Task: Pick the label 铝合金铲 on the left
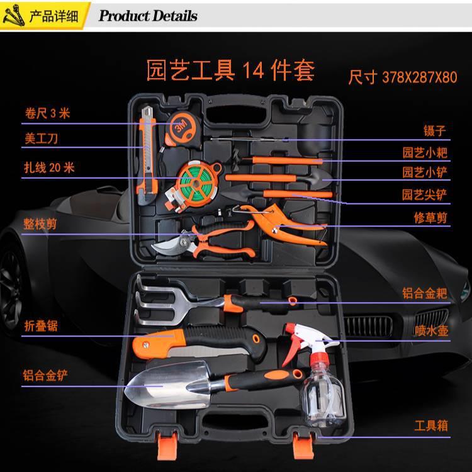tap(45, 376)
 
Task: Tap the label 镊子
tap(435, 131)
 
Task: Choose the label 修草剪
tap(430, 217)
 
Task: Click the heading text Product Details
tap(148, 16)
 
